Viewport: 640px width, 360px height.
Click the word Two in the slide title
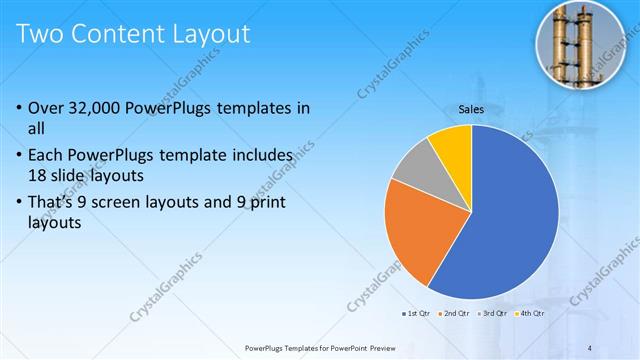[45, 35]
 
